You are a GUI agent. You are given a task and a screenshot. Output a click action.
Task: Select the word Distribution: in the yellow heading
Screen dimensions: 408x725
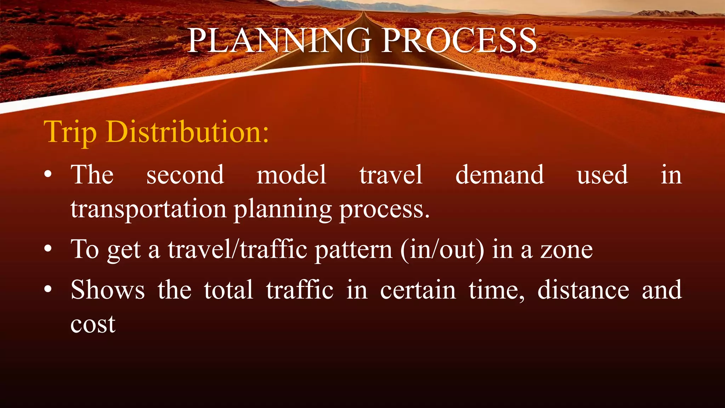(x=187, y=132)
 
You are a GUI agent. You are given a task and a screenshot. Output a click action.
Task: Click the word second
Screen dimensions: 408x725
(x=185, y=175)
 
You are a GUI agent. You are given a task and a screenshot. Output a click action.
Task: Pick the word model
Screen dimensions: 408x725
(x=291, y=175)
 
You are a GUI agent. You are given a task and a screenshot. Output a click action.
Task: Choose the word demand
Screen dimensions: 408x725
(x=499, y=175)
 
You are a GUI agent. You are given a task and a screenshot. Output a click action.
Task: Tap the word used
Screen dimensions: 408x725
(x=602, y=175)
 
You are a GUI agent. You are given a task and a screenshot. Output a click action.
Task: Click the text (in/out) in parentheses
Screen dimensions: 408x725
(x=442, y=250)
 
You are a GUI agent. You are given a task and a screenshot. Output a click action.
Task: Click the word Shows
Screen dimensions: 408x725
(x=108, y=290)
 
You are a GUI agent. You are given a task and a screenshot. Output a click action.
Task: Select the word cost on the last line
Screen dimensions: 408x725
(x=93, y=324)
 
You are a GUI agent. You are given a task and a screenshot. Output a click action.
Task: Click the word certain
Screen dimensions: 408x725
(x=418, y=290)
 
